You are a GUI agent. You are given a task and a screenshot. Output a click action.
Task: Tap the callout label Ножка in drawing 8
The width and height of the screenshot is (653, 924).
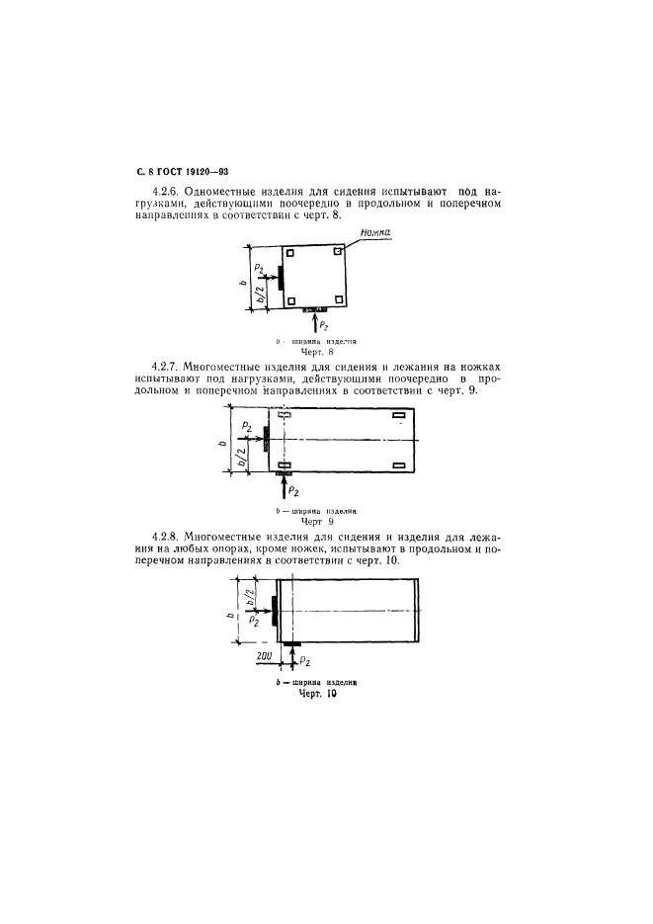pyautogui.click(x=376, y=234)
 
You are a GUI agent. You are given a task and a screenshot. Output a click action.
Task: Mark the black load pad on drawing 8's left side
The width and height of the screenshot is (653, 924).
pyautogui.click(x=282, y=278)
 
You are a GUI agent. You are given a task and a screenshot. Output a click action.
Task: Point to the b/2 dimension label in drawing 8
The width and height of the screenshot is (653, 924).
pyautogui.click(x=259, y=294)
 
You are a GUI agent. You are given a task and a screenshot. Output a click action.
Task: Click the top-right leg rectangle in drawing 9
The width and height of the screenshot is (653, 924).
pyautogui.click(x=399, y=416)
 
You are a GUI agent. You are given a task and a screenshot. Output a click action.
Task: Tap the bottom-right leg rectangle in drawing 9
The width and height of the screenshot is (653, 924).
pyautogui.click(x=399, y=464)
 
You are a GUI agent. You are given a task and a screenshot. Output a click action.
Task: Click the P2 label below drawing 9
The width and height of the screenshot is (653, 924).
pyautogui.click(x=294, y=491)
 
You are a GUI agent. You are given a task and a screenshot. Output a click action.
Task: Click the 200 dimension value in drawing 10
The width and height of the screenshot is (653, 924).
pyautogui.click(x=264, y=654)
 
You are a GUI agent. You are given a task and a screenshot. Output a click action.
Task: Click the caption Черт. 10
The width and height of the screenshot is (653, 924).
pyautogui.click(x=318, y=695)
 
